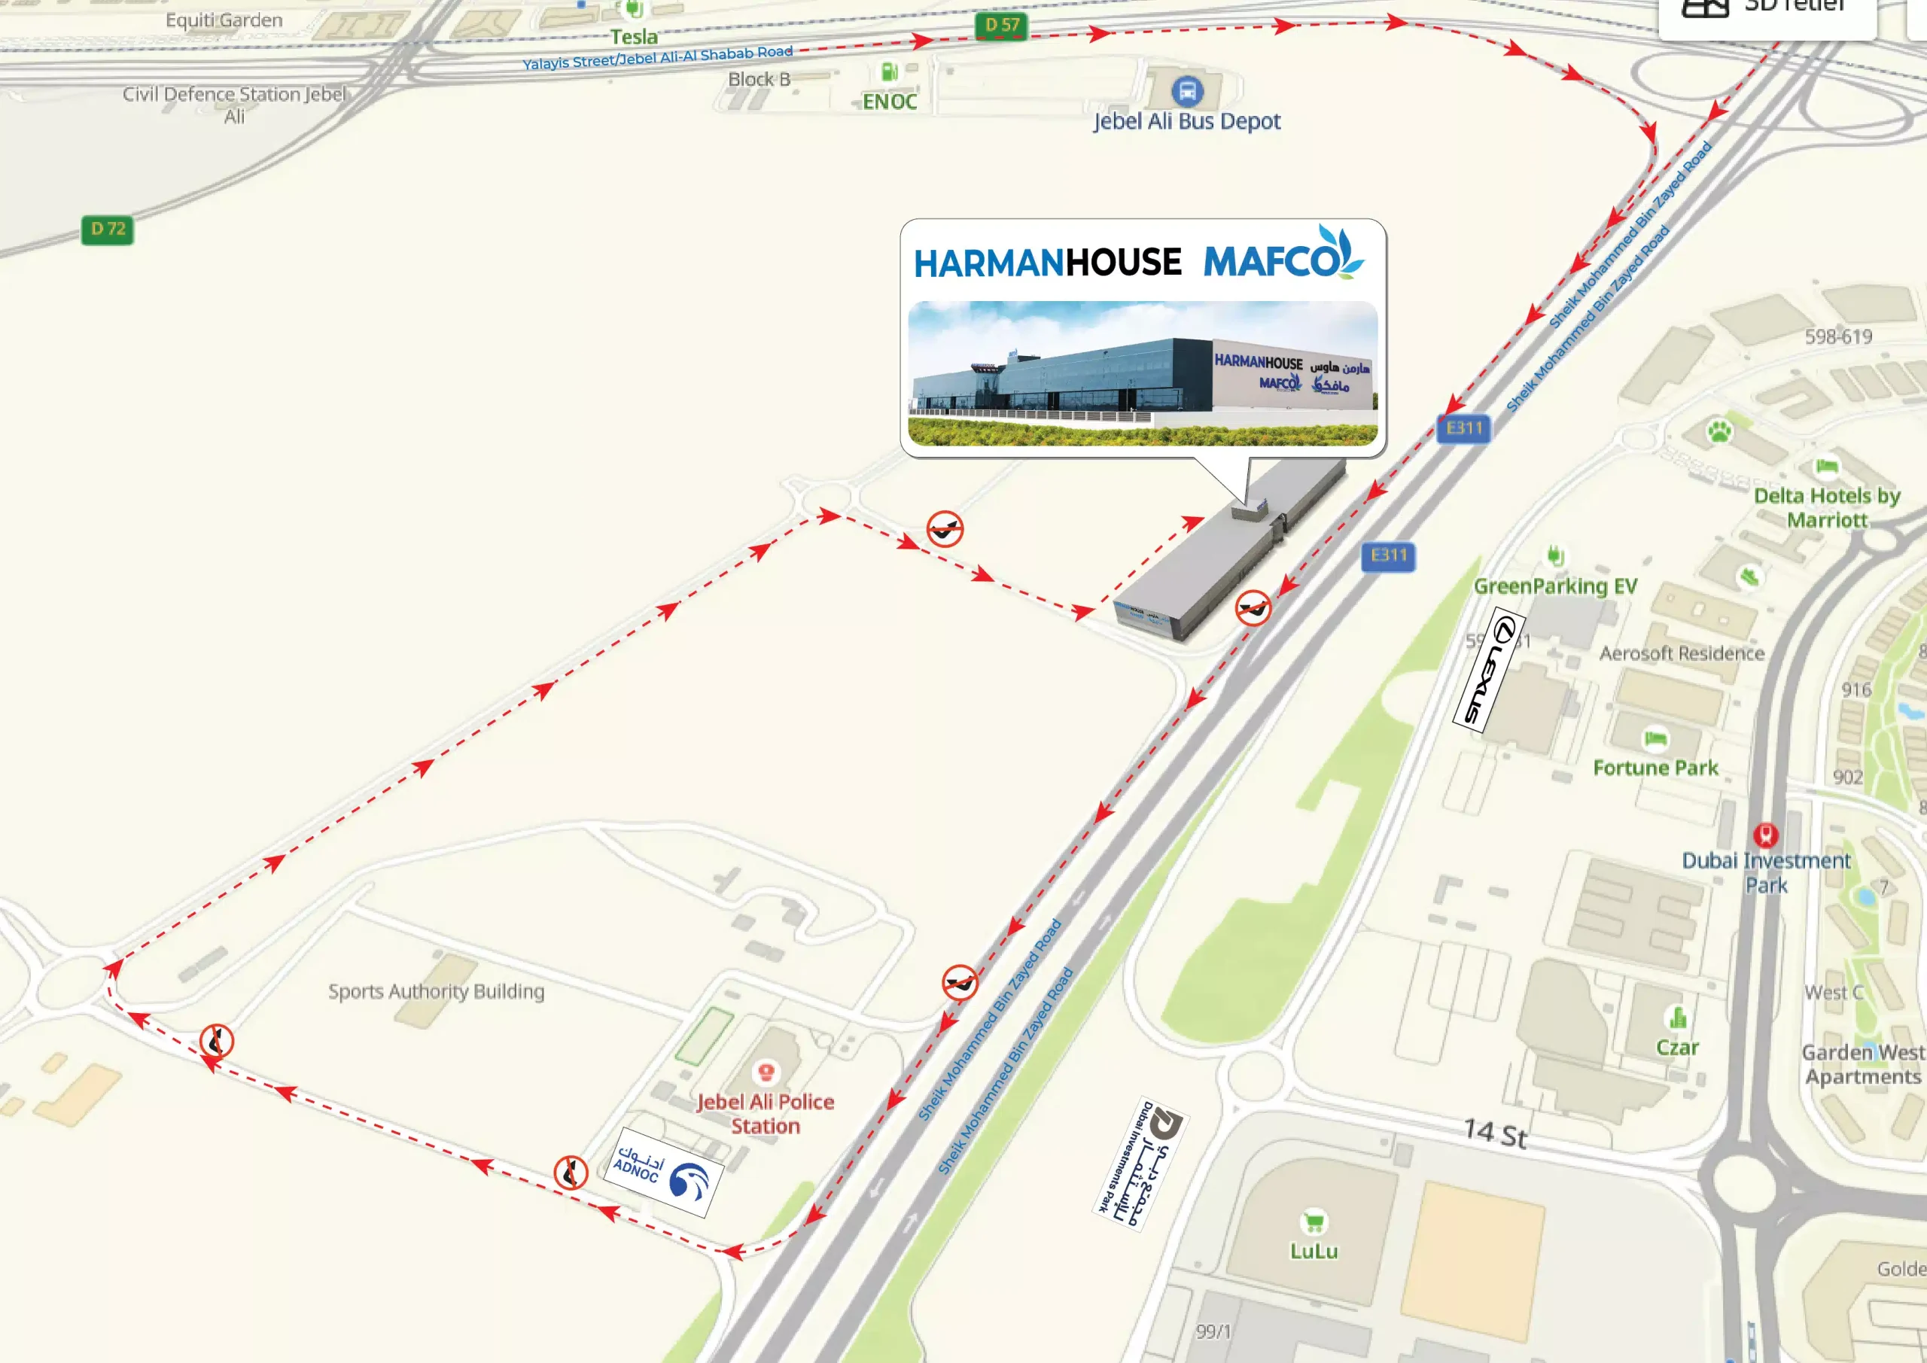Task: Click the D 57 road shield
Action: coord(1001,25)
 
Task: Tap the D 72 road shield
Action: coord(108,229)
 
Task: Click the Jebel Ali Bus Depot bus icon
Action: coord(1187,90)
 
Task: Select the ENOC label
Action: coord(890,102)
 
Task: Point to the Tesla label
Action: coord(634,37)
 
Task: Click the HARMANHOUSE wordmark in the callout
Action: coord(1047,263)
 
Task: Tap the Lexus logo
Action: coord(1488,669)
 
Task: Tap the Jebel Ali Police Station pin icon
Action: coord(765,1072)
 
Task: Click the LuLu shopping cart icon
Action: coord(1314,1222)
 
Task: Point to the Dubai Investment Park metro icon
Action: coord(1766,834)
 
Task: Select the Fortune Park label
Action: coord(1655,767)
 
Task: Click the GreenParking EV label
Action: coord(1555,586)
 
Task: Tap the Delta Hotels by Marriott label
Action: coord(1826,507)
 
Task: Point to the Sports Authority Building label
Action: coord(436,991)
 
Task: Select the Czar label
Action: coord(1677,1047)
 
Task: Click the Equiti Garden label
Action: coord(224,20)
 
